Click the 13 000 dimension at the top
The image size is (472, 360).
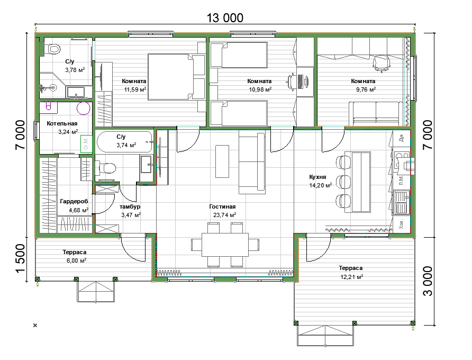pos(225,18)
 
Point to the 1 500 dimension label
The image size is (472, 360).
pos(20,258)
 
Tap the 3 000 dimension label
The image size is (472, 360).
pos(428,281)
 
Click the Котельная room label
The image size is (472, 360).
pos(62,123)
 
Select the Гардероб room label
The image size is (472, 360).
pos(74,201)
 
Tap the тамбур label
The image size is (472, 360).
pos(130,206)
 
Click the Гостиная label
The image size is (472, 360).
pos(222,206)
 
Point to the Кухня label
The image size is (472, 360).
pos(317,177)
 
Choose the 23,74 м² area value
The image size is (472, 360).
pos(224,215)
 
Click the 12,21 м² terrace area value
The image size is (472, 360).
pos(351,276)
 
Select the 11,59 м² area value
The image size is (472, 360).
pos(135,89)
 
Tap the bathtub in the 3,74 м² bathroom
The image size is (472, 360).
pos(125,141)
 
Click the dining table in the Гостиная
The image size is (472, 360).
pos(225,245)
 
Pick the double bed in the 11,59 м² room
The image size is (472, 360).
pos(176,77)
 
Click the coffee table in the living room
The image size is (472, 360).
pos(222,161)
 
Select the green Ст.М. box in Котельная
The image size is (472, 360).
pos(86,143)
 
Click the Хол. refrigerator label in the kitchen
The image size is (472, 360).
pos(401,224)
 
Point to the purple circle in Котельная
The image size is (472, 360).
pos(84,108)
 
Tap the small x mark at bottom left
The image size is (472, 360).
pos(35,326)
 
